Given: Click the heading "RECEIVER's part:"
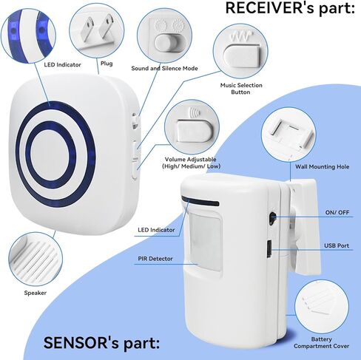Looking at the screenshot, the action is click(x=290, y=8).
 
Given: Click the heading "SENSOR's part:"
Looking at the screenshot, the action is click(x=101, y=342).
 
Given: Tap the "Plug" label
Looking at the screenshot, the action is click(x=107, y=64).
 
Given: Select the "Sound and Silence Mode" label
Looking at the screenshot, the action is click(x=164, y=68).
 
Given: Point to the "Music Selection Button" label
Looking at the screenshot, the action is click(x=241, y=89).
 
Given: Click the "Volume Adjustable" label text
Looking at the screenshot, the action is click(x=191, y=159).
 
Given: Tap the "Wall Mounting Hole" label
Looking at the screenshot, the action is click(x=322, y=167).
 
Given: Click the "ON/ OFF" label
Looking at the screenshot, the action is click(x=337, y=212).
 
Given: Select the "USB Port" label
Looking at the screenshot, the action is click(x=337, y=245).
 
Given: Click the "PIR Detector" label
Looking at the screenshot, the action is click(x=155, y=259).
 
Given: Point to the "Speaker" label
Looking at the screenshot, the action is click(x=36, y=293).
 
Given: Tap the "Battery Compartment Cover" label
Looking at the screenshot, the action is click(x=321, y=343).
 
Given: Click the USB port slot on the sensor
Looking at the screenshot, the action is click(x=269, y=249).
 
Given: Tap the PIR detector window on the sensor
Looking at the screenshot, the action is click(x=205, y=242).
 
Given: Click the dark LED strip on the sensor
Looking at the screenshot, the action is click(x=200, y=201).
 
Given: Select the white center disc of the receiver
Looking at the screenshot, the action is click(x=50, y=154).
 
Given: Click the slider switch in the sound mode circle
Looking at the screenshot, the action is click(x=166, y=42).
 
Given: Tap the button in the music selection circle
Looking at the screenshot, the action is click(x=242, y=56).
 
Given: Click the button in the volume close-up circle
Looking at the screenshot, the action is click(x=195, y=131).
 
